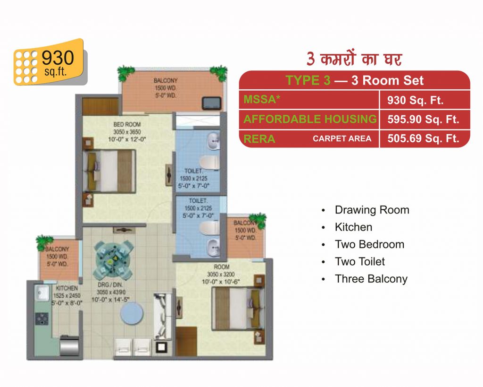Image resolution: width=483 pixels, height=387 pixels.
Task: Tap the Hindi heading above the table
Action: point(354,58)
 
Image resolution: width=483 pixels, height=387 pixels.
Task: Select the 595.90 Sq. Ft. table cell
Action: point(423,120)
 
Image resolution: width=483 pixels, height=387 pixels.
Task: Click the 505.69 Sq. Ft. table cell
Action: point(423,138)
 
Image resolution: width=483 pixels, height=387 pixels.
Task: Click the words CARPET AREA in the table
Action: point(342,138)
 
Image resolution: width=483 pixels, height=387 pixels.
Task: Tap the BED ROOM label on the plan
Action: point(127,124)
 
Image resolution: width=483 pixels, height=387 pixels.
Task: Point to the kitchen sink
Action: point(42,292)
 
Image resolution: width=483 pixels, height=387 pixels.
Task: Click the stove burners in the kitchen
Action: point(42,319)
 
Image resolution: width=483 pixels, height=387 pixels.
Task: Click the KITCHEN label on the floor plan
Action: point(67,288)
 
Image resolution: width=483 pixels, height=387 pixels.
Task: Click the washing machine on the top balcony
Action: point(212,103)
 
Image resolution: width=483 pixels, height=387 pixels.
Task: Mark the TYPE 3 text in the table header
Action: point(308,80)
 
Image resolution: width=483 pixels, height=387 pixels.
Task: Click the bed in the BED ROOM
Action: point(109,171)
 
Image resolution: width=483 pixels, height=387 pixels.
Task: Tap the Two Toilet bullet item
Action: point(360,262)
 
